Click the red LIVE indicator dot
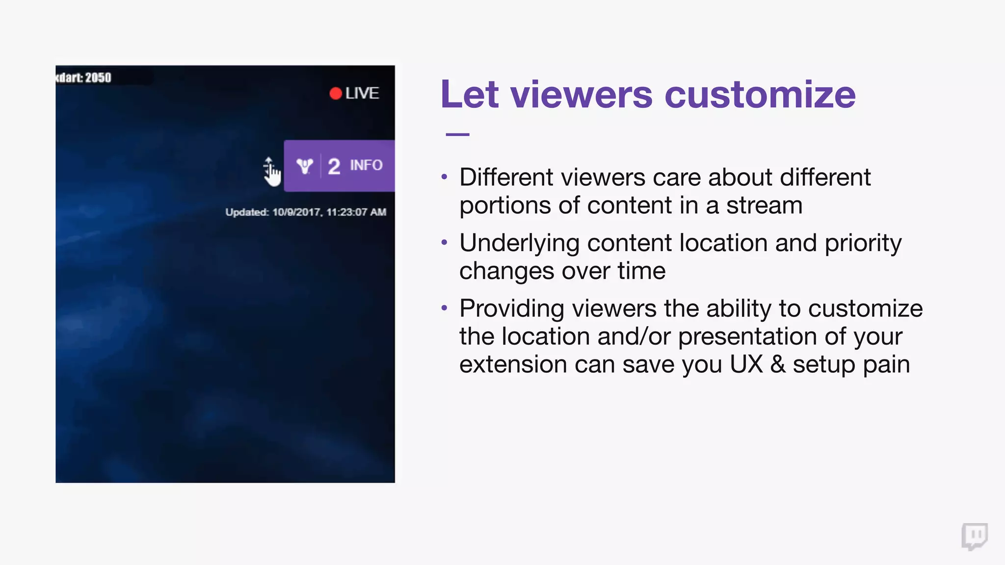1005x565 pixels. (x=336, y=94)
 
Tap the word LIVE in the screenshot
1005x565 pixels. (x=362, y=93)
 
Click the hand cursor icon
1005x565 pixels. (x=271, y=172)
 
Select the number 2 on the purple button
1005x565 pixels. (x=334, y=167)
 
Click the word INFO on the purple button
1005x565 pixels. (x=366, y=165)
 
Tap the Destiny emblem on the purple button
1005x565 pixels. (x=305, y=166)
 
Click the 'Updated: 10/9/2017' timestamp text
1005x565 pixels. (x=305, y=212)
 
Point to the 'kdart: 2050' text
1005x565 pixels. (x=83, y=77)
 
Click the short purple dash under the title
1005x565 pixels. (x=457, y=134)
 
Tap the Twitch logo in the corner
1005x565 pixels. (x=975, y=536)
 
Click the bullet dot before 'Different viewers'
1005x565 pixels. (x=444, y=177)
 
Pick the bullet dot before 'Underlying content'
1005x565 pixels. (x=444, y=242)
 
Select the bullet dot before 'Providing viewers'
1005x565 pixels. (x=444, y=308)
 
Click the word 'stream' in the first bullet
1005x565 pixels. (x=764, y=205)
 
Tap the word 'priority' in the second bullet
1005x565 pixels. (x=863, y=243)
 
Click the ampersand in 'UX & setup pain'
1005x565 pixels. (x=777, y=364)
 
